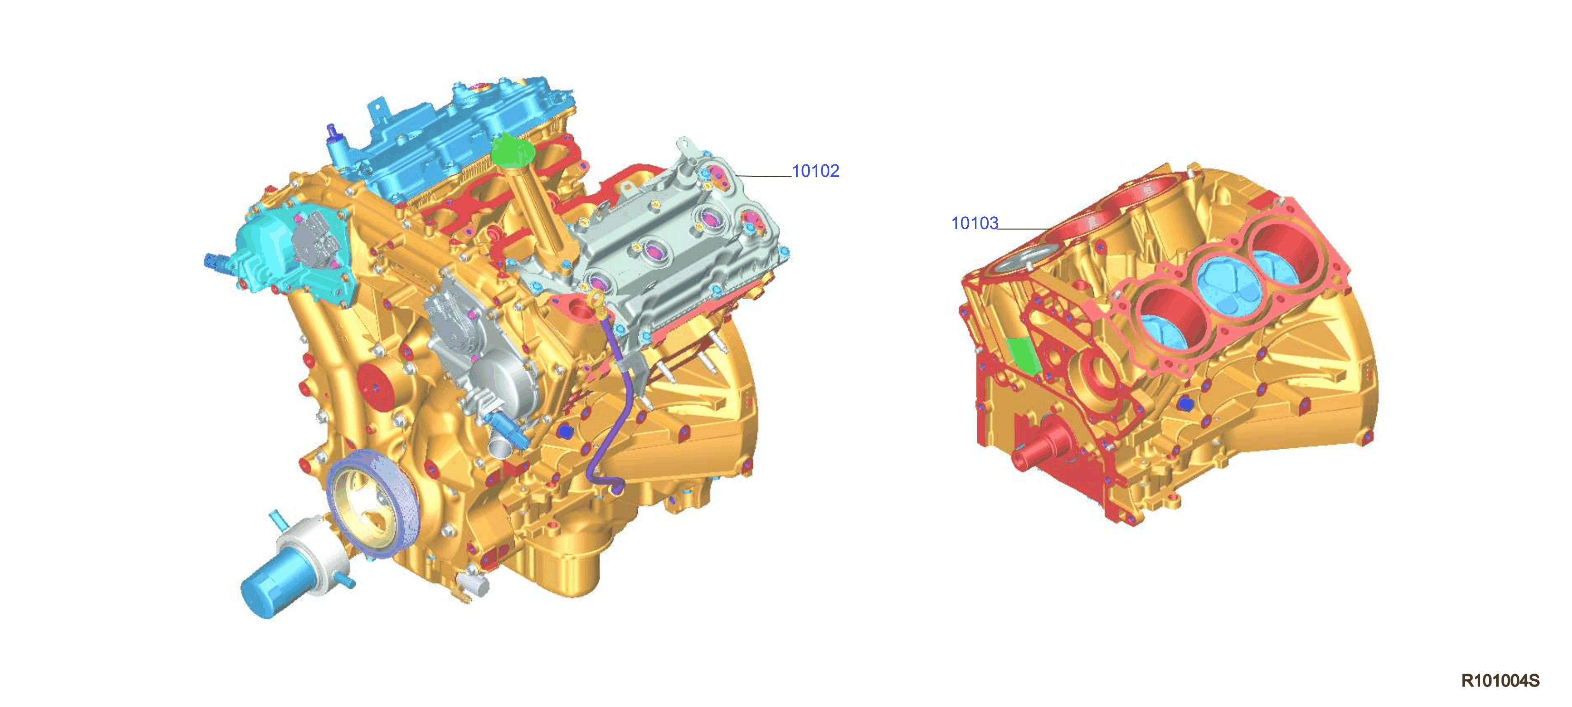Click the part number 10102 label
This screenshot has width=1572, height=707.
pyautogui.click(x=815, y=171)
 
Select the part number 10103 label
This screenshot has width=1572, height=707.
pyautogui.click(x=974, y=223)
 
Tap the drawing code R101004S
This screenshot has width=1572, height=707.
pyautogui.click(x=1500, y=681)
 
